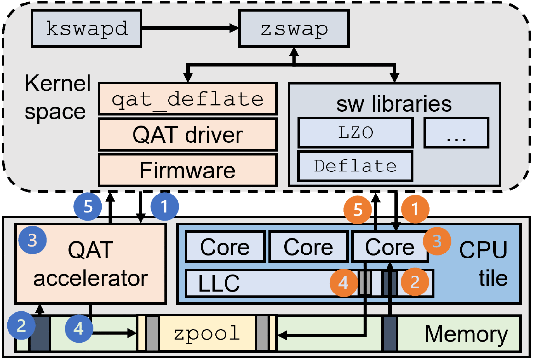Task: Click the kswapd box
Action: pos(87,28)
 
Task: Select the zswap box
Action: pos(294,28)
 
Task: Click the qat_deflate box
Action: pos(188,99)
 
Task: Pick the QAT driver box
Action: pos(188,135)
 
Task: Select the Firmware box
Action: pos(188,170)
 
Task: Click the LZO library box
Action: pos(356,132)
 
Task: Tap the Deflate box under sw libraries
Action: pos(355,166)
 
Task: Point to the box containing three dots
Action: pos(456,133)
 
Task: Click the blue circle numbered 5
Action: pos(88,207)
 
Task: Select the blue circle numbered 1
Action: pos(164,207)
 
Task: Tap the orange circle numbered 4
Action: pos(343,283)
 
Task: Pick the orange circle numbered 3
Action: pos(437,241)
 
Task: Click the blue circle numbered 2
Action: pos(21,325)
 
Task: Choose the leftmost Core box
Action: pos(225,247)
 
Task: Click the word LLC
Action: pos(219,283)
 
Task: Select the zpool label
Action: pos(207,333)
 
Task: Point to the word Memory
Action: pos(466,334)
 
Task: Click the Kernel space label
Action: pos(57,97)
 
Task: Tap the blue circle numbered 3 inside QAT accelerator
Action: pos(32,240)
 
